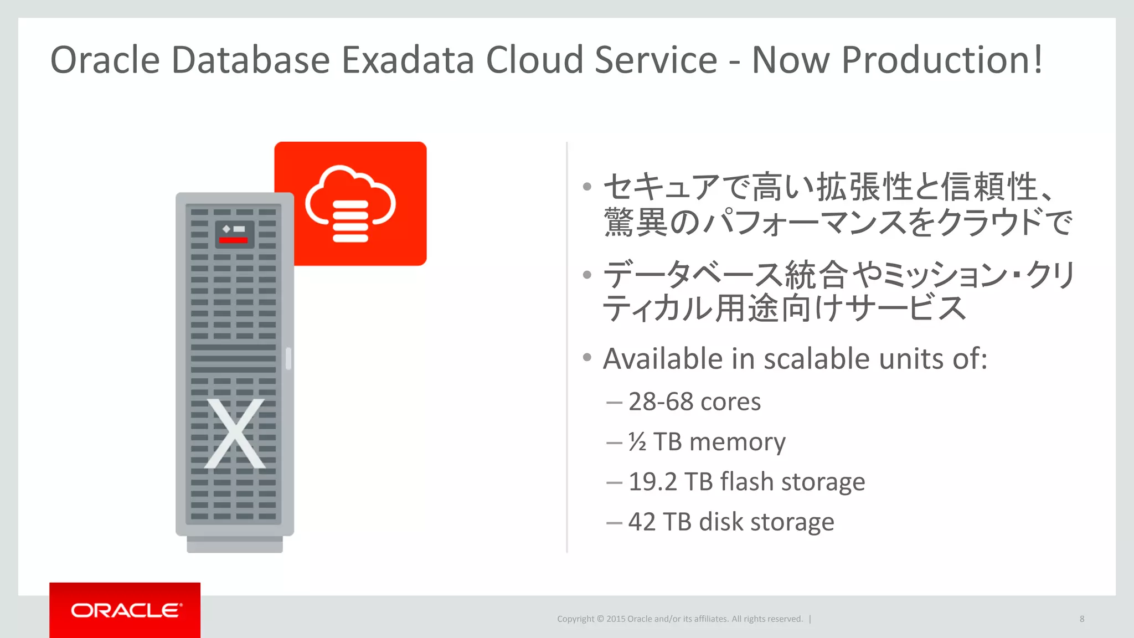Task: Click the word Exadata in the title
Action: tap(408, 60)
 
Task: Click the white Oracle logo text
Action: tap(126, 610)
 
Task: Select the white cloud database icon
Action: tap(350, 204)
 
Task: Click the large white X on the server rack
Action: tap(235, 434)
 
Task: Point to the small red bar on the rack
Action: tap(233, 240)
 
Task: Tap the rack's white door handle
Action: tap(288, 358)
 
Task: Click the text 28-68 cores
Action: tap(694, 402)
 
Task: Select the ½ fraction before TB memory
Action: tap(637, 442)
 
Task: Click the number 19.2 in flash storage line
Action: tap(652, 482)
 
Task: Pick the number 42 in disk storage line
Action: tap(642, 522)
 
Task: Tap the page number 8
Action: tap(1081, 619)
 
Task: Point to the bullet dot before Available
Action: tap(587, 357)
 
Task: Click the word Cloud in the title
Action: tap(534, 60)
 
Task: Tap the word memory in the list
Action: tap(737, 442)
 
